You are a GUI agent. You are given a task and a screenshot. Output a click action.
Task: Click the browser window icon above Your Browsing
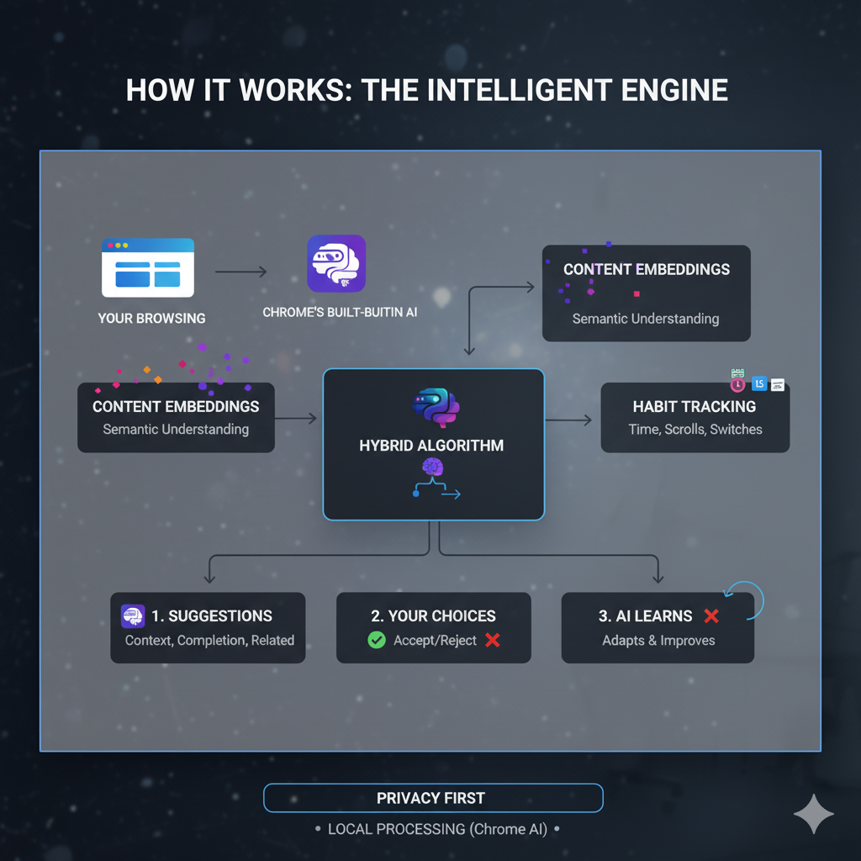[x=148, y=267]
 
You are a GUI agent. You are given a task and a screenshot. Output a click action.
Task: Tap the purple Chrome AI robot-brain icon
[x=336, y=263]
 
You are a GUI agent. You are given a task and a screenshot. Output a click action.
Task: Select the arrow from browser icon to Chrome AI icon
[x=241, y=272]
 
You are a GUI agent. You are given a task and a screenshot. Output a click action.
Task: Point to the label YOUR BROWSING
[x=151, y=319]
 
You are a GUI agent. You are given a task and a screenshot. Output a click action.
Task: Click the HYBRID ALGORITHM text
[x=431, y=446]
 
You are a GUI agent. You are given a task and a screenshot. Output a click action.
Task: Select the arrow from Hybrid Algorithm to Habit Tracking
[x=569, y=420]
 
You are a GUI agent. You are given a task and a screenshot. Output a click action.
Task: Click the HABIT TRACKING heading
[x=695, y=407]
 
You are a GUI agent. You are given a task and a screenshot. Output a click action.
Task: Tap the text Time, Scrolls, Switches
[x=695, y=430]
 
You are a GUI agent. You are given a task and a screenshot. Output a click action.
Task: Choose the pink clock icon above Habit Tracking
[x=737, y=384]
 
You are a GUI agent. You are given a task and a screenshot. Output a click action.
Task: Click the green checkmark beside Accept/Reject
[x=377, y=641]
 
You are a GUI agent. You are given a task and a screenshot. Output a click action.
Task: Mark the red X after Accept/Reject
[x=493, y=641]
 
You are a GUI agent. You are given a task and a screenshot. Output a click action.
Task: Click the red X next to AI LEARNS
[x=711, y=616]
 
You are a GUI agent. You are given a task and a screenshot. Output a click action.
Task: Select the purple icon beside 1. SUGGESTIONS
[x=133, y=616]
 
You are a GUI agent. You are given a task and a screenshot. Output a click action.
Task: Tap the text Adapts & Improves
[x=658, y=641]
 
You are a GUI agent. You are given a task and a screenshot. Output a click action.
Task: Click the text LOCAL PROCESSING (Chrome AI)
[x=437, y=829]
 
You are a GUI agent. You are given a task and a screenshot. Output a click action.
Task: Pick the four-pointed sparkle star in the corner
[x=814, y=813]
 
